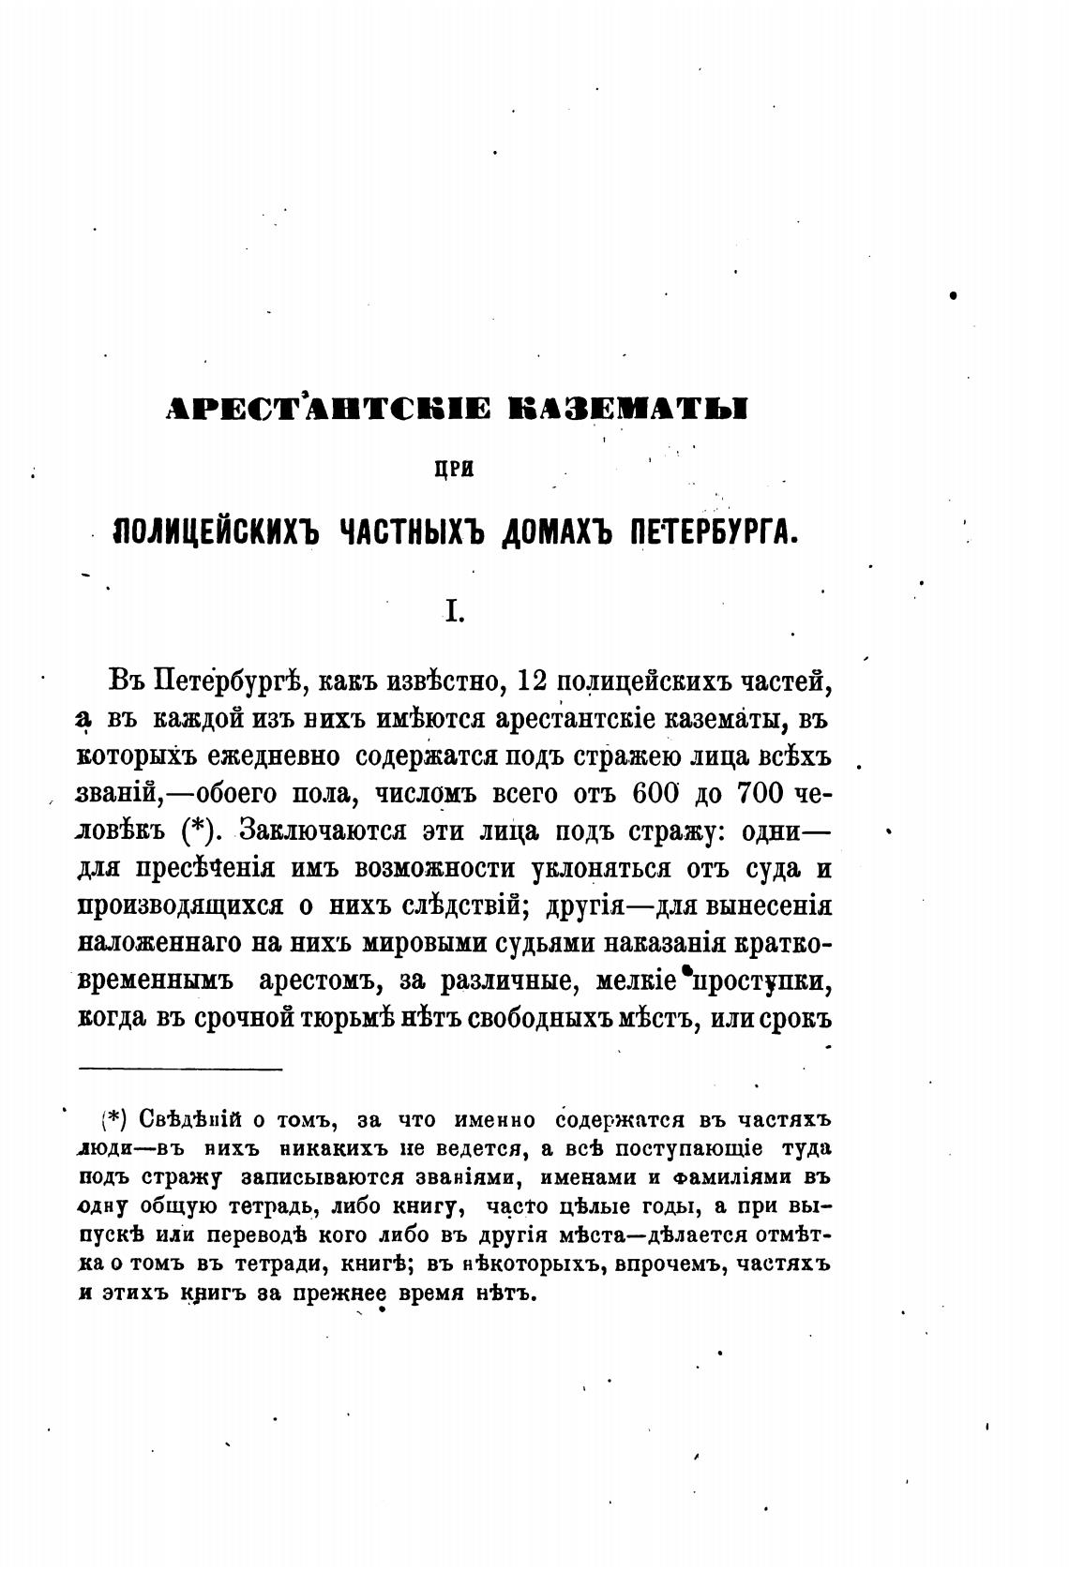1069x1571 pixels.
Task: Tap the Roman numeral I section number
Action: pyautogui.click(x=452, y=612)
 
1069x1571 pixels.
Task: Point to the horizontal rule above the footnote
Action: pyautogui.click(x=180, y=1069)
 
